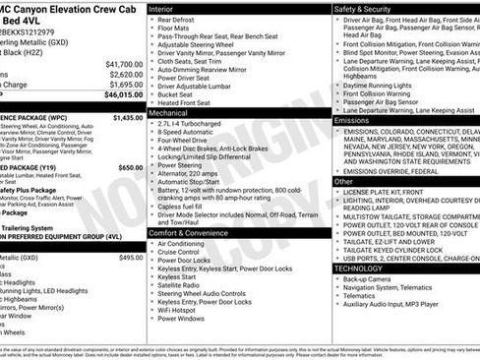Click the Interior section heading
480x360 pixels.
(167, 7)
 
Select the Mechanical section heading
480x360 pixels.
(174, 114)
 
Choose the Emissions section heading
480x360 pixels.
(356, 120)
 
